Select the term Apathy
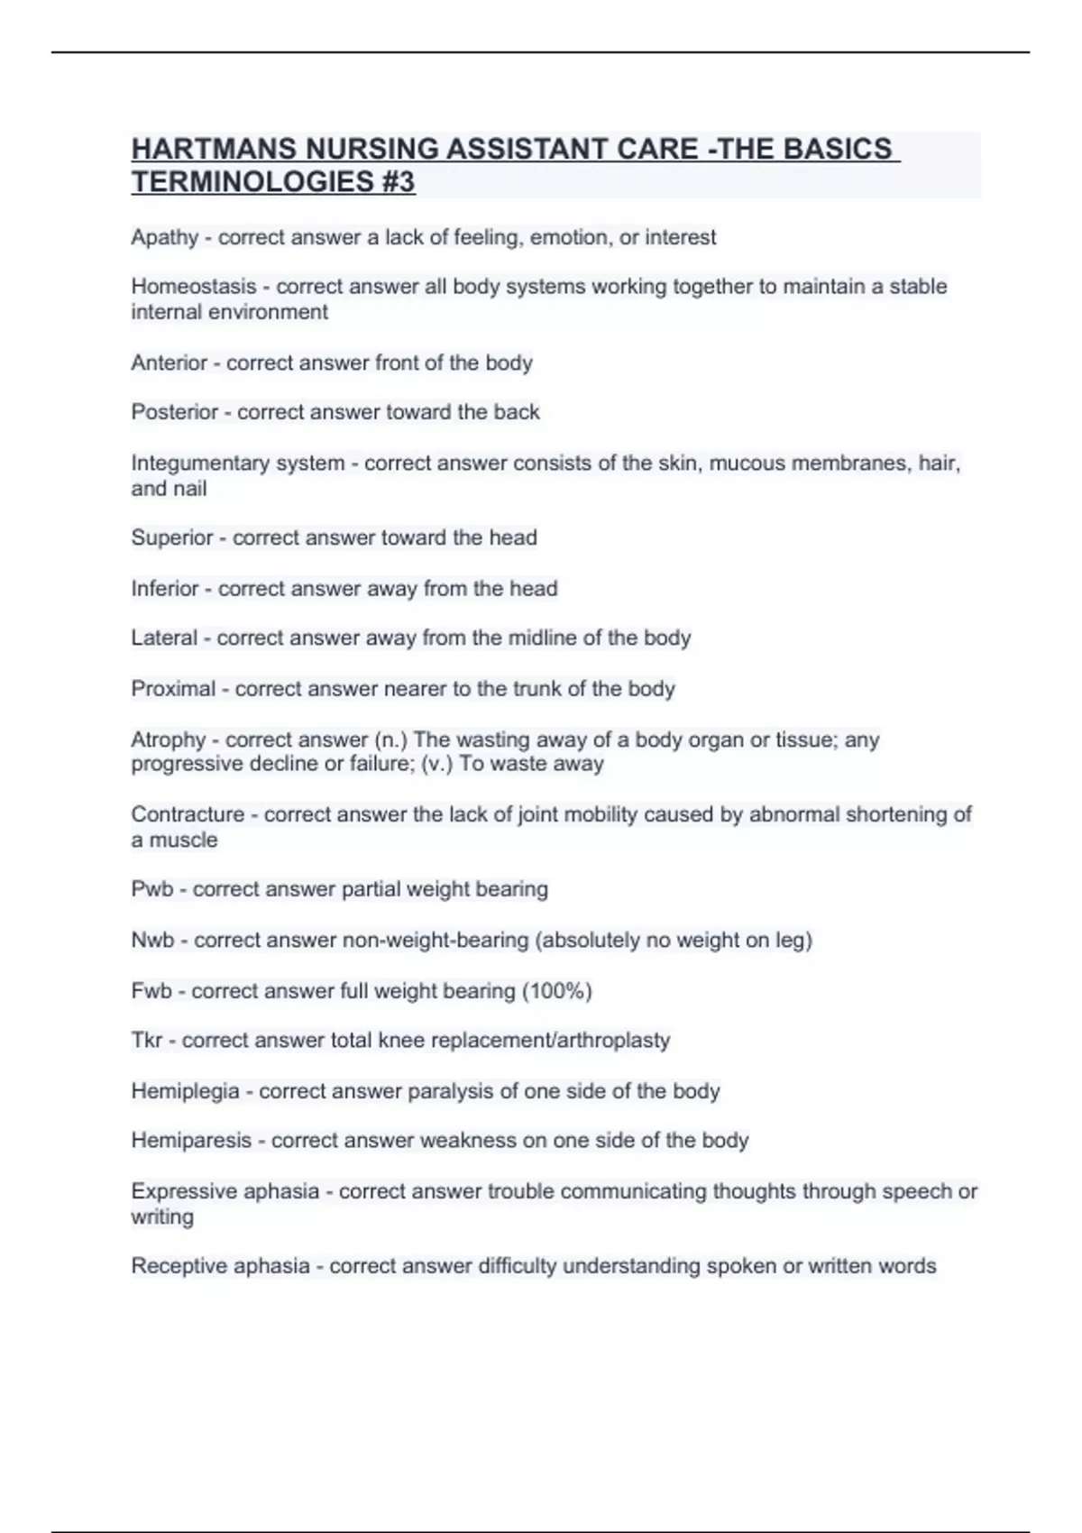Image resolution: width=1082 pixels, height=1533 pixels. (164, 238)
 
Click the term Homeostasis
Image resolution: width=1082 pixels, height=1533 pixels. (193, 287)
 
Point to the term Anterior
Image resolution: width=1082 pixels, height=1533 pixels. (169, 363)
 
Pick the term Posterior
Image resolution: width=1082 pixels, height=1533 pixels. (174, 412)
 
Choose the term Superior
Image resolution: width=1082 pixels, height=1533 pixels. (171, 537)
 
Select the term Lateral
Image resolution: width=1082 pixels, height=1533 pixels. (163, 638)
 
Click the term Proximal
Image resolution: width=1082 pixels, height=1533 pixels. (173, 689)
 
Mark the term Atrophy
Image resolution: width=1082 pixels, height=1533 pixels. (168, 740)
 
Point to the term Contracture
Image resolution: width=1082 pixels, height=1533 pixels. (187, 814)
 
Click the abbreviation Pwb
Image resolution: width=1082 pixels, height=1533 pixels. (151, 889)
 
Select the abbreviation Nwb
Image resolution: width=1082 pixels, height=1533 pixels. (152, 940)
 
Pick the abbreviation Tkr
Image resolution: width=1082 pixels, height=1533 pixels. (146, 1041)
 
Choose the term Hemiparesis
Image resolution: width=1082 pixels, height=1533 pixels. (190, 1141)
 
